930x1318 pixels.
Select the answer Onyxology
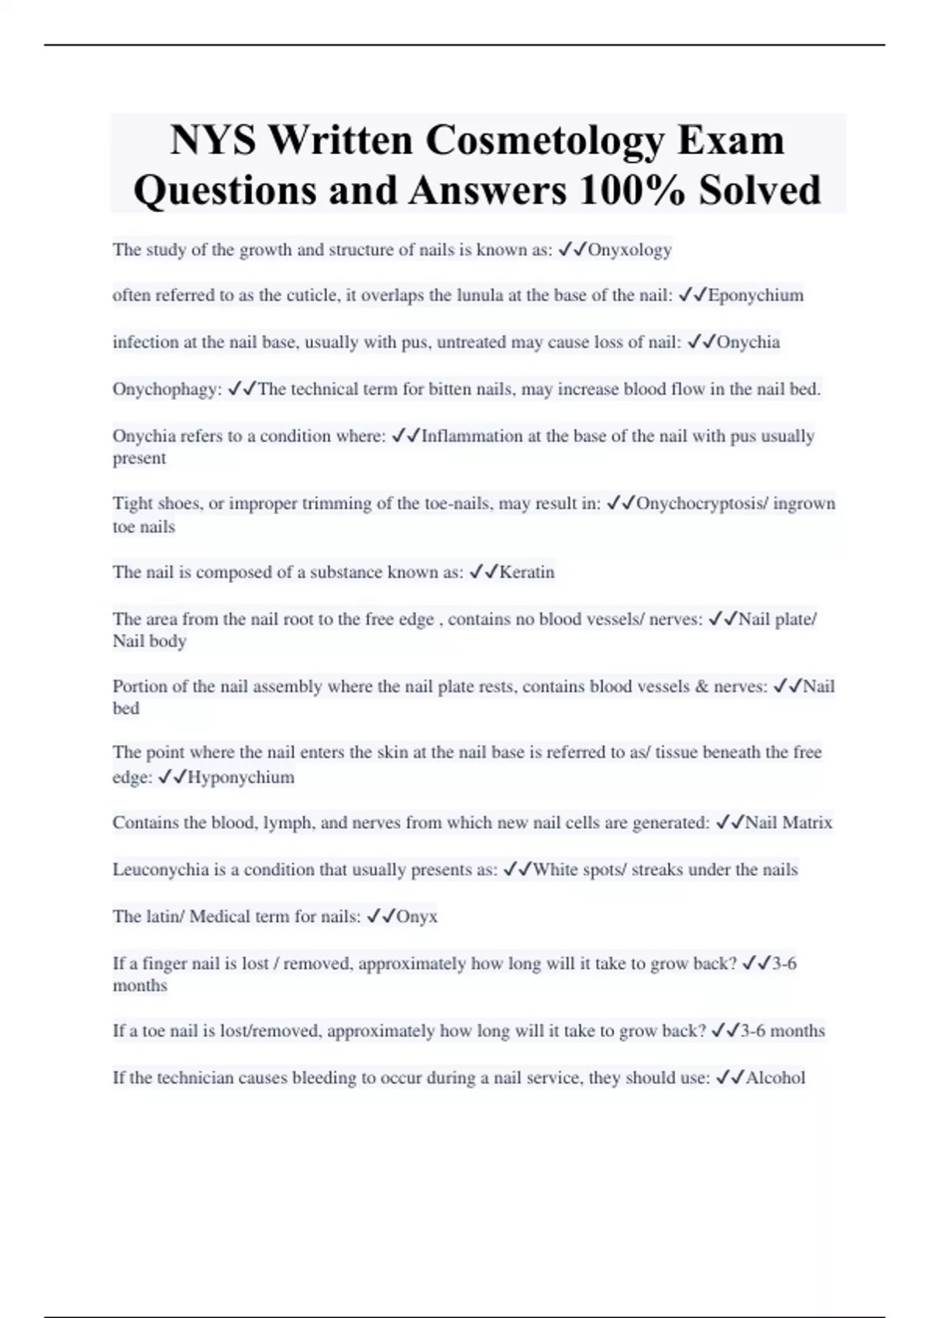click(x=629, y=250)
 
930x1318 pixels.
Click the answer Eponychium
click(x=756, y=295)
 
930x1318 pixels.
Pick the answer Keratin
click(x=527, y=572)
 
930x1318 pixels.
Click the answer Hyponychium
click(x=241, y=778)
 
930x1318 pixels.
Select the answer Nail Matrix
click(x=788, y=823)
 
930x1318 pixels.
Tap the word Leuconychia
click(x=160, y=870)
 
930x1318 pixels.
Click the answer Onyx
click(x=417, y=916)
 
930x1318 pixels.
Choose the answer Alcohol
click(x=775, y=1078)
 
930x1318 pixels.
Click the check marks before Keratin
click(x=484, y=572)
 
